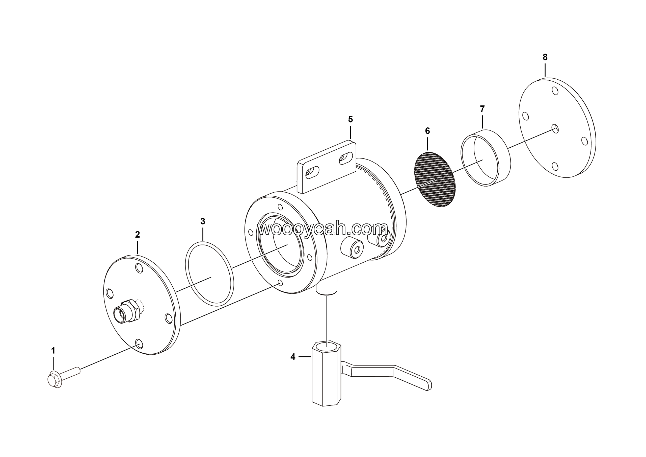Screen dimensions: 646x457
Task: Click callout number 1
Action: tap(53, 351)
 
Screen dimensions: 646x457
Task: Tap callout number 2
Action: tap(137, 234)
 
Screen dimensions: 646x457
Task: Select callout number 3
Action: tap(203, 221)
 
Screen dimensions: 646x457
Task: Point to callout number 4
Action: tap(293, 357)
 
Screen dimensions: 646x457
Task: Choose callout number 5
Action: tap(350, 119)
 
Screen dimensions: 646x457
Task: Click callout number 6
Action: tap(427, 131)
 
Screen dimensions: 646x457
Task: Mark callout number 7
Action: tap(482, 108)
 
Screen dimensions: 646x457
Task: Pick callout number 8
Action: tap(545, 57)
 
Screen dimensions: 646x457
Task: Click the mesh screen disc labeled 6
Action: tap(435, 180)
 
